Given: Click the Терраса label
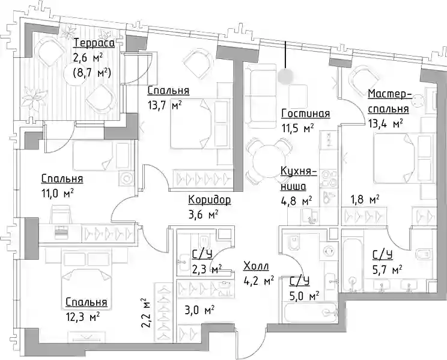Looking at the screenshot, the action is click(94, 43).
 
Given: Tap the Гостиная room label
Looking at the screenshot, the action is click(306, 114).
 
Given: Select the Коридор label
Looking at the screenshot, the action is click(210, 200).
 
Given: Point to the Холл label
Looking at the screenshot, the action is click(256, 266).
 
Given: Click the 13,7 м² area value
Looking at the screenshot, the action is click(165, 106).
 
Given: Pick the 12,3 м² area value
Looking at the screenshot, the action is click(82, 317).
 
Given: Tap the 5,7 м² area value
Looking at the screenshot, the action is click(388, 269).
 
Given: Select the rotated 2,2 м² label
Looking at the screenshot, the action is click(146, 314).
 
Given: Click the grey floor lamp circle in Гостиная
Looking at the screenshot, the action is click(285, 75).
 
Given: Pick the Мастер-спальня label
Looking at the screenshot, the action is click(389, 102).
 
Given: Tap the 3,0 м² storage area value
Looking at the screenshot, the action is click(199, 310).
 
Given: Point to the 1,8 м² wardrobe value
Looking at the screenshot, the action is click(365, 200).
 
